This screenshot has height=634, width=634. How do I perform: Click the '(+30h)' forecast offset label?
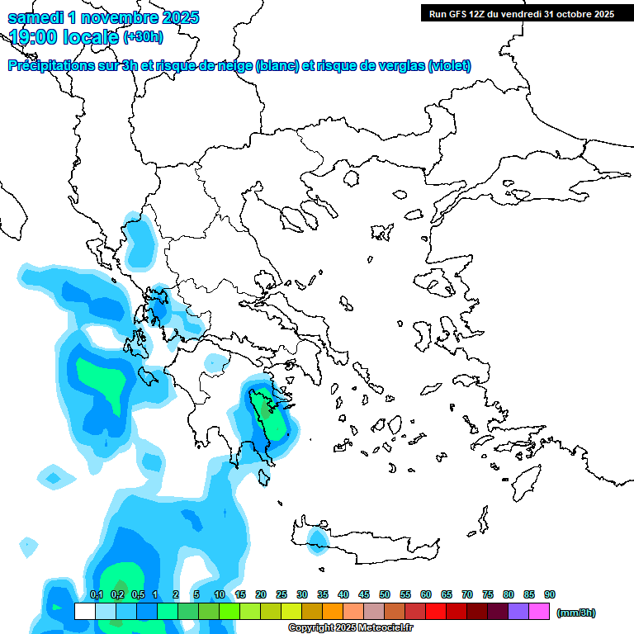pos(143,36)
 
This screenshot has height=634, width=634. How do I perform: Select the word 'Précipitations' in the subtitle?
pos(50,65)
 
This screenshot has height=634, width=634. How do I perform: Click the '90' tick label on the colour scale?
pos(550,594)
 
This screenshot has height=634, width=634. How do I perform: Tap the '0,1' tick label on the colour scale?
pos(96,594)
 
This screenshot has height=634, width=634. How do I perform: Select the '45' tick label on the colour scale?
pos(364,594)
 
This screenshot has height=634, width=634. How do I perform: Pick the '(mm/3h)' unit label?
pos(576,613)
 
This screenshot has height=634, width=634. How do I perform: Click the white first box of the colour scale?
pos(84,612)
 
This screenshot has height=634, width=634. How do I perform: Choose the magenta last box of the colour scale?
pos(539,612)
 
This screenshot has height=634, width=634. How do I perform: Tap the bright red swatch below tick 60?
pos(436,612)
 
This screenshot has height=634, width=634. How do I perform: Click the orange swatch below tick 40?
pos(333,612)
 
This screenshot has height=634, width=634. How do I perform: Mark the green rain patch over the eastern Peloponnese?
pos(268,413)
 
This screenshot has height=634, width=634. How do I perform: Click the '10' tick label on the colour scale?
pos(220,594)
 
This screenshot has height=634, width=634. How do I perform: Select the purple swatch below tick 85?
pos(518,612)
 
